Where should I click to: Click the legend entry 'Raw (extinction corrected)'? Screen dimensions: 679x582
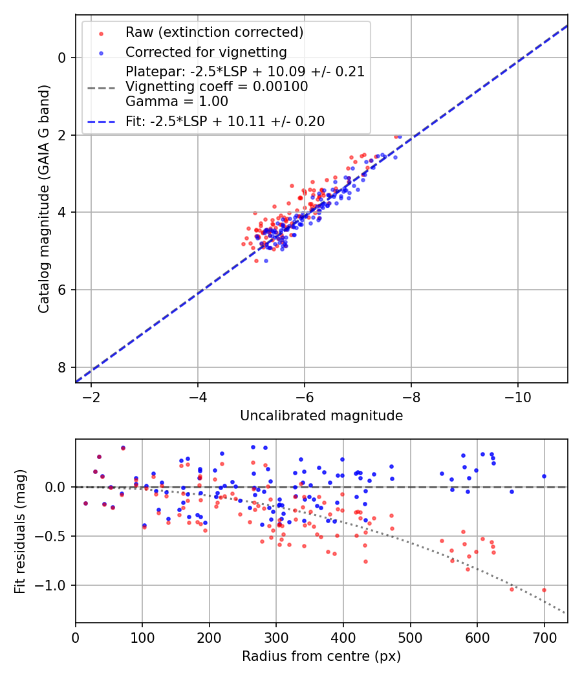tap(214, 32)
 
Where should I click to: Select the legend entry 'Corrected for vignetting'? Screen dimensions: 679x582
tap(206, 52)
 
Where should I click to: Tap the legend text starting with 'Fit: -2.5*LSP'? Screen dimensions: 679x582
tap(225, 121)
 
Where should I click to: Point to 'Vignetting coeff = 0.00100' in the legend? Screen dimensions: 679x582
tap(217, 87)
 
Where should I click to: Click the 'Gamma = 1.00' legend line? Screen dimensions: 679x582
tap(177, 102)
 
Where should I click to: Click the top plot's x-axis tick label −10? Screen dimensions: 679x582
tap(517, 396)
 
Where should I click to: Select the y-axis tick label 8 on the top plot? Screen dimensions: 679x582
tap(62, 367)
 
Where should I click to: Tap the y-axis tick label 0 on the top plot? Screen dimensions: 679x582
tap(62, 58)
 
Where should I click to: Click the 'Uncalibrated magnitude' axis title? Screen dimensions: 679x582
tap(321, 416)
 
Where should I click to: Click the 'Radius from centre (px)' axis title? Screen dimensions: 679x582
tap(321, 656)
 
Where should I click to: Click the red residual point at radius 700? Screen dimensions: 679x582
tap(544, 590)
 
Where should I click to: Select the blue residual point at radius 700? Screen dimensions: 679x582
tap(544, 476)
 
